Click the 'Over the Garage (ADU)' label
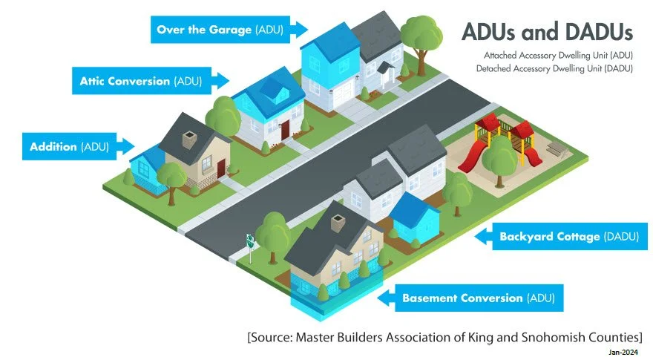coord(223,30)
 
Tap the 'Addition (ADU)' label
coord(70,146)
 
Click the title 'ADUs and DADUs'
coord(547,32)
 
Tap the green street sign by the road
coord(251,240)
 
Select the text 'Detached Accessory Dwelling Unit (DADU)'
coord(558,68)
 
